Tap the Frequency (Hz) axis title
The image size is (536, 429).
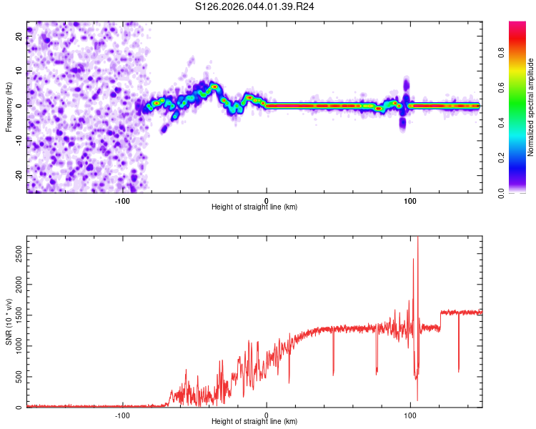[x=9, y=106]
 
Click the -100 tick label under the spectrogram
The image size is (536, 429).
[x=122, y=201]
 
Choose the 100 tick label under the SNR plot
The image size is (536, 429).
[x=410, y=415]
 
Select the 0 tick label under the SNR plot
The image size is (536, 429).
[x=267, y=415]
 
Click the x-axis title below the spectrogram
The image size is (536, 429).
[x=254, y=207]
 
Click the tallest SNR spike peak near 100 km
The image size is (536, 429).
[x=418, y=239]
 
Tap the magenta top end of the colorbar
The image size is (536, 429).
[x=518, y=24]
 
